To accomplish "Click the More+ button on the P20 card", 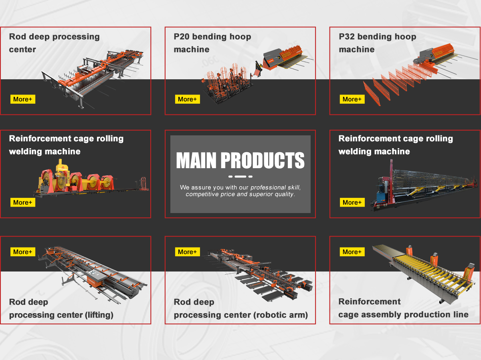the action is (187, 99).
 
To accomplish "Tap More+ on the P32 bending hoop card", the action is (352, 99).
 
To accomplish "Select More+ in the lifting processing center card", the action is (23, 252).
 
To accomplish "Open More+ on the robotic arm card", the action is (187, 252).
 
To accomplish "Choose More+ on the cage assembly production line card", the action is (352, 252).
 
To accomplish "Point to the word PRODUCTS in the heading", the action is (263, 161).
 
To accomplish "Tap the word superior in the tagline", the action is (261, 194).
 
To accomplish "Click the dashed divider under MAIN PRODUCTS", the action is (240, 176).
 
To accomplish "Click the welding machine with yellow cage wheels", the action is (80, 180).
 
